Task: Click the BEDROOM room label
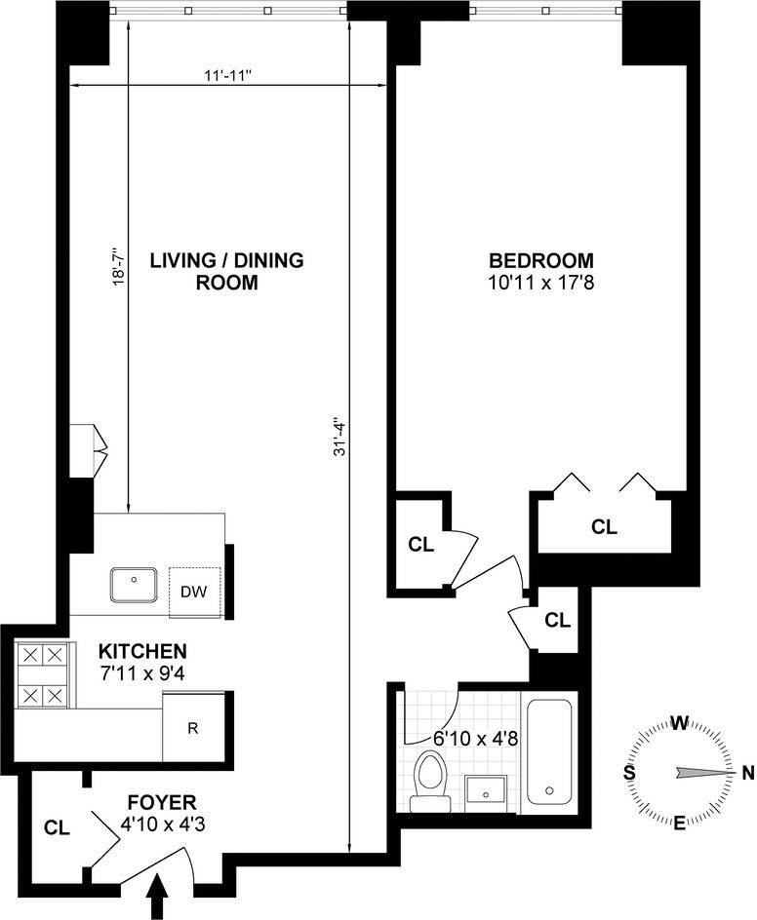pos(541,260)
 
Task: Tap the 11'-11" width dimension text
pos(228,75)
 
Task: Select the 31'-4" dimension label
pos(340,437)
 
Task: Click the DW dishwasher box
pos(194,592)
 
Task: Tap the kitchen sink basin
pos(134,584)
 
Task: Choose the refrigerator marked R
pos(192,728)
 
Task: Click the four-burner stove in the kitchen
pos(43,675)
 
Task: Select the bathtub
pos(548,751)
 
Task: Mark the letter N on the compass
pos(747,773)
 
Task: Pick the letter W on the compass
pos(679,723)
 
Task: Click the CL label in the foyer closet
pos(57,827)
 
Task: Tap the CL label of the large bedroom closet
pos(604,527)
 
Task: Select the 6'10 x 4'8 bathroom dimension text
pos(476,738)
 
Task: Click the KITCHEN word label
pos(142,651)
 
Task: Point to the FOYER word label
pos(162,801)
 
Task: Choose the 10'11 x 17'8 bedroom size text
pos(541,283)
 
